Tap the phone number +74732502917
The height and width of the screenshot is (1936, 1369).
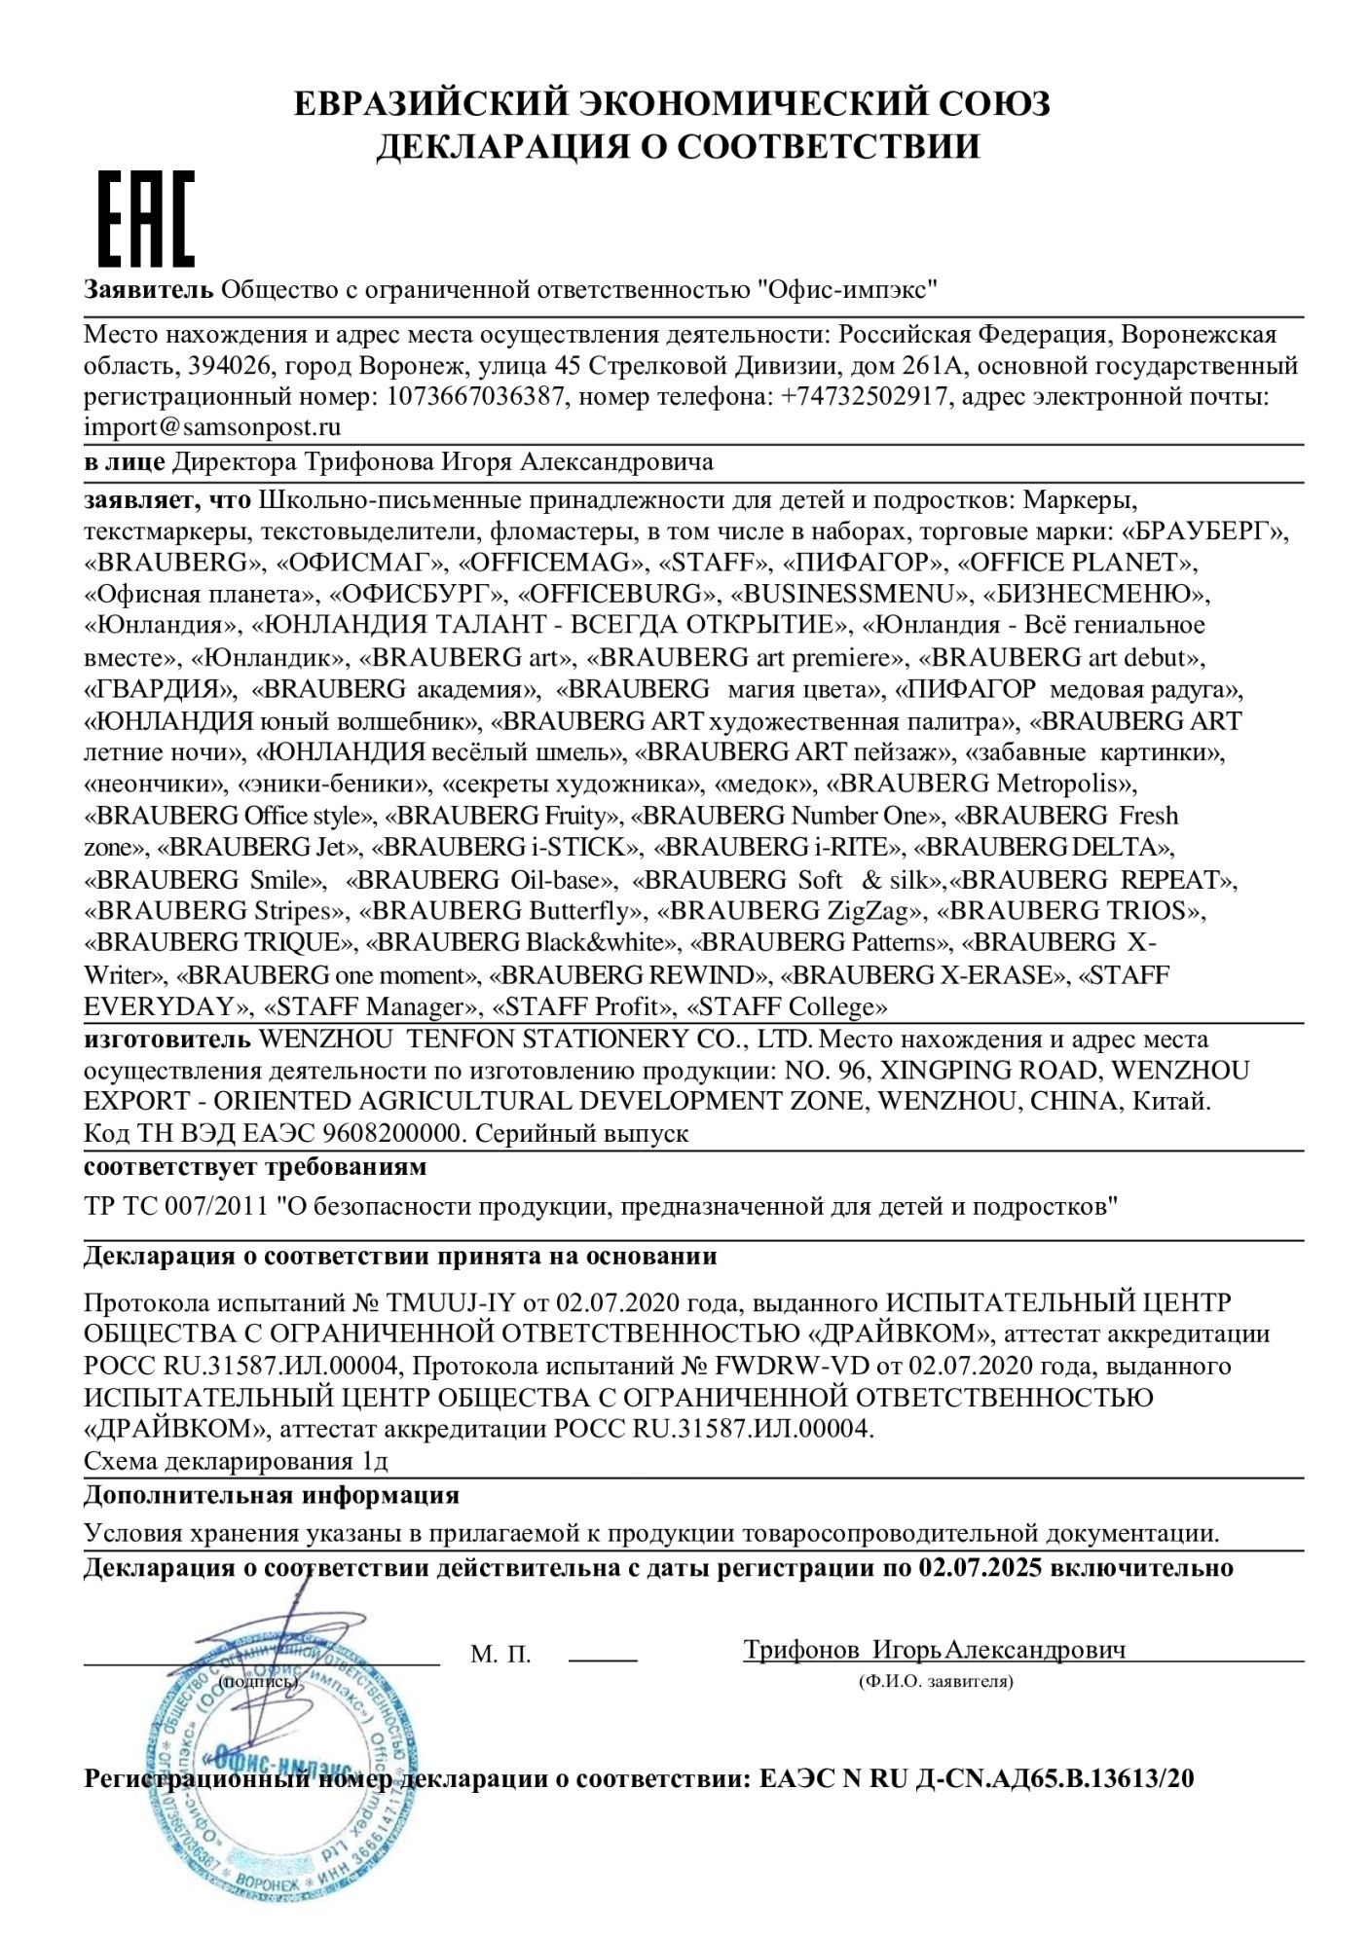pos(866,397)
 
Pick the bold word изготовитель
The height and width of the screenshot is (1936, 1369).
pos(167,1040)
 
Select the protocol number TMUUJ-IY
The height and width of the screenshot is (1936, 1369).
pos(456,1302)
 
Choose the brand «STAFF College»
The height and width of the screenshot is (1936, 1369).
pos(788,1006)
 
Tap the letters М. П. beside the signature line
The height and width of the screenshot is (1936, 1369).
pos(500,1655)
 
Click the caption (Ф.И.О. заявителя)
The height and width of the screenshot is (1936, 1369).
pos(936,1681)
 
